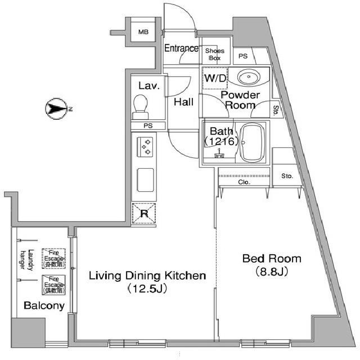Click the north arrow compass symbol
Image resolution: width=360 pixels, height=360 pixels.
tap(56, 108)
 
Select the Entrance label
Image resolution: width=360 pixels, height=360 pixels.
tap(181, 48)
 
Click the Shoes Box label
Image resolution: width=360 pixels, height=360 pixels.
tap(215, 54)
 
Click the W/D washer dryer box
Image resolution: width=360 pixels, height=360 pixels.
tap(214, 78)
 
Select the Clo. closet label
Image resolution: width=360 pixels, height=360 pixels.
tap(244, 182)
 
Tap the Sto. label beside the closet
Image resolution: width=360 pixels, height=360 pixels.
tap(287, 176)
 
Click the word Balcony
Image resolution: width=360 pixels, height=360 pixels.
tap(44, 306)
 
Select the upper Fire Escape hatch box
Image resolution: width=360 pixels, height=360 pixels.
tap(54, 258)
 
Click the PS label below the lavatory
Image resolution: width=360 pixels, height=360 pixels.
tap(147, 125)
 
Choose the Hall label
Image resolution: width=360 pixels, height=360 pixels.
tap(184, 102)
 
